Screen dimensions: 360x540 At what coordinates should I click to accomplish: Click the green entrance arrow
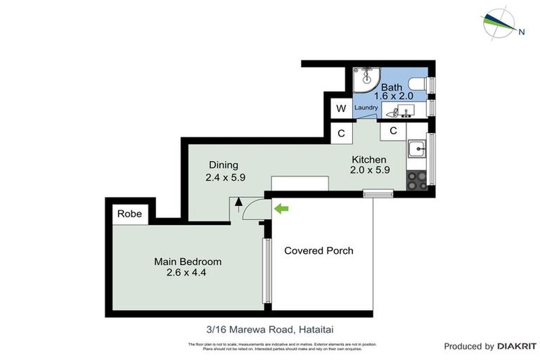click(281, 208)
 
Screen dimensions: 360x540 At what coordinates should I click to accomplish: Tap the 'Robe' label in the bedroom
click(129, 214)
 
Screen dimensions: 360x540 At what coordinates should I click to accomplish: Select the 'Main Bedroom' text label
click(182, 262)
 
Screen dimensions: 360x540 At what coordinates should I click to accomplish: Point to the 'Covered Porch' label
click(319, 250)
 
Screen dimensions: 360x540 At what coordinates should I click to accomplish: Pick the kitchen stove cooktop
click(417, 179)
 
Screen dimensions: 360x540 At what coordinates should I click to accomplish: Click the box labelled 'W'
click(341, 108)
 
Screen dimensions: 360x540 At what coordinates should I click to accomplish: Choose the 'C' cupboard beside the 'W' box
click(341, 133)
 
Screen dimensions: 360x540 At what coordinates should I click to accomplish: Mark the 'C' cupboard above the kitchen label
click(393, 131)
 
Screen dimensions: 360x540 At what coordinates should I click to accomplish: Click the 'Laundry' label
click(366, 108)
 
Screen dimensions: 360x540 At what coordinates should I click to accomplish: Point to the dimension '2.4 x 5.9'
click(225, 178)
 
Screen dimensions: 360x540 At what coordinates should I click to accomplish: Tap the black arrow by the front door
click(238, 204)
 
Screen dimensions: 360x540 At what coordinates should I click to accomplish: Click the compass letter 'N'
click(521, 31)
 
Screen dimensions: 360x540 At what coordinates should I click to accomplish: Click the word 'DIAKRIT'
click(517, 346)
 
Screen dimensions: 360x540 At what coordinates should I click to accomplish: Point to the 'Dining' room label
click(223, 165)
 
